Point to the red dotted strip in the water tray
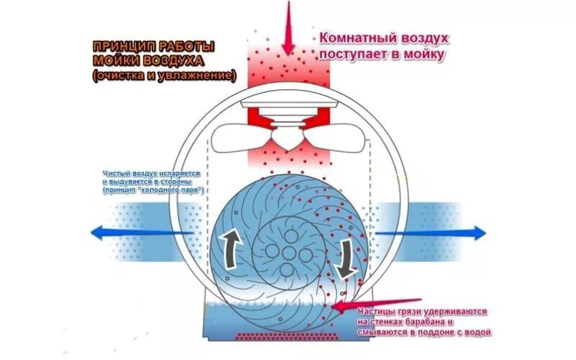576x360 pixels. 288,337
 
